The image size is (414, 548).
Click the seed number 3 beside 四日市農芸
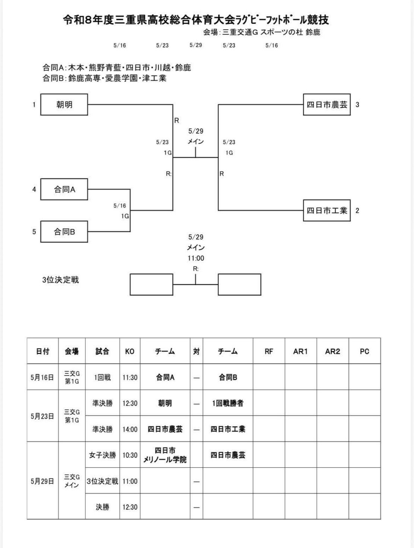click(357, 105)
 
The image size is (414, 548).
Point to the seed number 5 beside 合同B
click(34, 232)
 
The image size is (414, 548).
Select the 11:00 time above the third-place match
click(196, 258)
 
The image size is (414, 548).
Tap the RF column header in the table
click(269, 351)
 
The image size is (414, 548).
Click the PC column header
click(364, 351)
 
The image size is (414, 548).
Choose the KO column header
click(130, 351)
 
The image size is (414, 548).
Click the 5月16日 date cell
click(42, 377)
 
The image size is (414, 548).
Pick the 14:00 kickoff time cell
click(130, 429)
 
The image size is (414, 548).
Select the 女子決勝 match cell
click(102, 455)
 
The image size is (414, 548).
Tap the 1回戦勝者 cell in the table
click(228, 403)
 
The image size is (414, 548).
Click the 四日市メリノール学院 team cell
click(165, 455)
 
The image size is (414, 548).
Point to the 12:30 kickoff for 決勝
click(130, 507)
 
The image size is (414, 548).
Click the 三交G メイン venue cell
click(72, 481)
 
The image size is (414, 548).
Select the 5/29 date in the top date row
click(196, 45)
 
